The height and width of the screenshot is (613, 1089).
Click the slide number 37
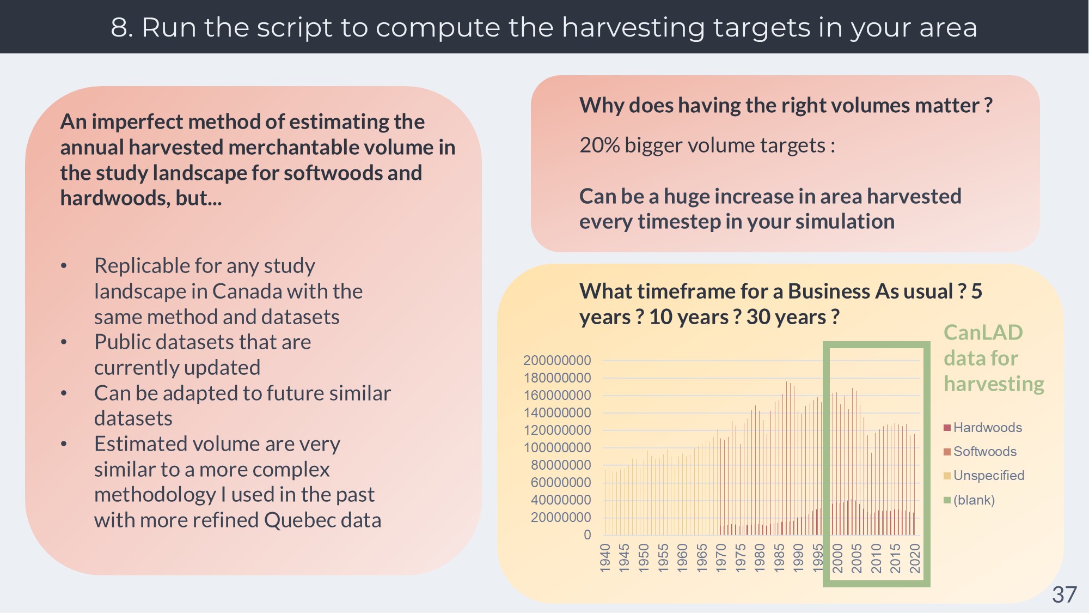(1064, 594)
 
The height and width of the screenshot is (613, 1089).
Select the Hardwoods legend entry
(987, 428)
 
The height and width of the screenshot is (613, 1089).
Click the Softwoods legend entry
(984, 452)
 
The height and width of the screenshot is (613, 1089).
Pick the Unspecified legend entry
(988, 476)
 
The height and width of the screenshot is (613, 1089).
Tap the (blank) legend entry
(973, 500)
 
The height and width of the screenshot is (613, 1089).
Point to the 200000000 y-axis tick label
(557, 361)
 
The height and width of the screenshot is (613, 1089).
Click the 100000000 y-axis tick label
(557, 448)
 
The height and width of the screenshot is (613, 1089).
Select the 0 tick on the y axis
(587, 535)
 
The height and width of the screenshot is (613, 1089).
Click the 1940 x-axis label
(605, 558)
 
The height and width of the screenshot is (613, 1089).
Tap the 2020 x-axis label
(915, 558)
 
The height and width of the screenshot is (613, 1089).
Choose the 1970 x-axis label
(721, 558)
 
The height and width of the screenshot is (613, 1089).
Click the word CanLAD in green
(983, 332)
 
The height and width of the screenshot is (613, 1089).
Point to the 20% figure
(599, 145)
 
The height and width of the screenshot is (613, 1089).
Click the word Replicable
(140, 266)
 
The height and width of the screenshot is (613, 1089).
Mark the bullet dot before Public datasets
(64, 343)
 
